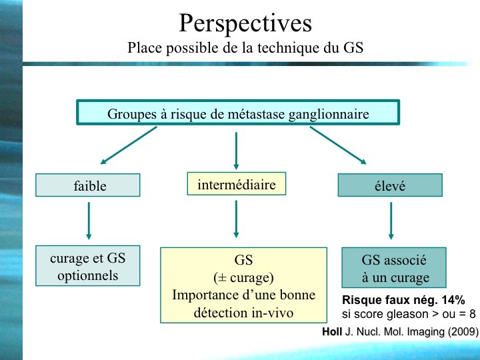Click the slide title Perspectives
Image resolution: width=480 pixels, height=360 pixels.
[245, 23]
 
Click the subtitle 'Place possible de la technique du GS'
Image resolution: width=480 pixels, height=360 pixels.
[245, 48]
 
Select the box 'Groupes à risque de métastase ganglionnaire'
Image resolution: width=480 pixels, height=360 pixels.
[238, 113]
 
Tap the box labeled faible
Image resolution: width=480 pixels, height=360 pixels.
[88, 185]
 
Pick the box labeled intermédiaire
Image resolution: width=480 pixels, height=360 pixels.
[236, 184]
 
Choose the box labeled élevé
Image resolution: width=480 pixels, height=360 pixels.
[390, 185]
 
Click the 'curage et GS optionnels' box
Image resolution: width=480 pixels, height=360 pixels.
[88, 266]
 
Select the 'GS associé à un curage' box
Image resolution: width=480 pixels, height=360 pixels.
[394, 268]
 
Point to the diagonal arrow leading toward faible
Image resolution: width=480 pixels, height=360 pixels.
[129, 145]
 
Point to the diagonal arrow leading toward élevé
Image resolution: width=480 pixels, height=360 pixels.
[338, 145]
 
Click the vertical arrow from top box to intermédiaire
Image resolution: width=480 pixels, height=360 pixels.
[236, 151]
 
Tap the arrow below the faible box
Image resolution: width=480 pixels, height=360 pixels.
[89, 221]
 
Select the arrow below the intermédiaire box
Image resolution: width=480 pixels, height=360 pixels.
[236, 219]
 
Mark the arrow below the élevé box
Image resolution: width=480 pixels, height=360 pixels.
[391, 221]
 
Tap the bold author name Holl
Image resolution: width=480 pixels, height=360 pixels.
[332, 331]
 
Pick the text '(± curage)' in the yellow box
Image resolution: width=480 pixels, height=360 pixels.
[244, 277]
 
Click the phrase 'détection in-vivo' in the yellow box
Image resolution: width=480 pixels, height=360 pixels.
[244, 313]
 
